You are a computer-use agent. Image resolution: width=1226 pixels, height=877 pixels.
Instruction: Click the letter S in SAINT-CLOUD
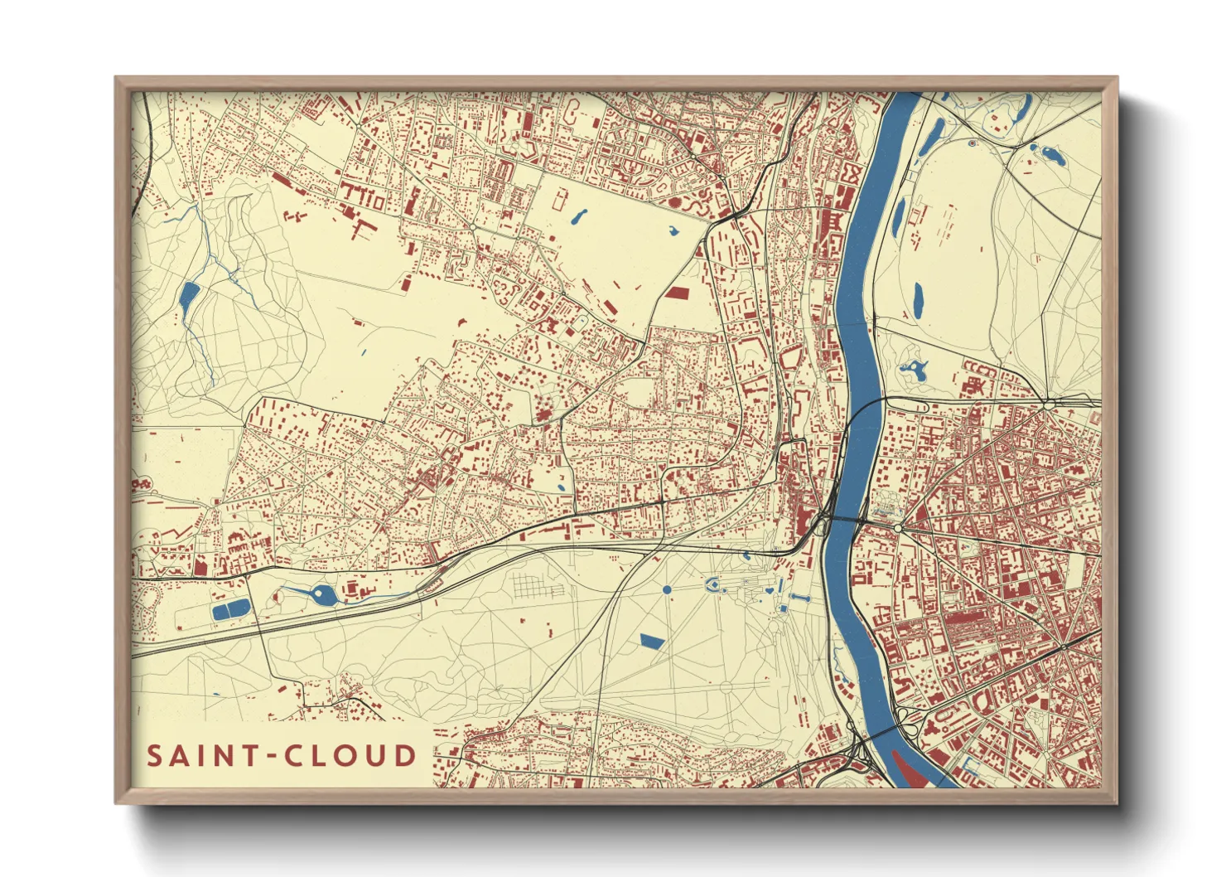[155, 756]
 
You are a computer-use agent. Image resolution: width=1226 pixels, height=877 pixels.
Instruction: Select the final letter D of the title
[405, 756]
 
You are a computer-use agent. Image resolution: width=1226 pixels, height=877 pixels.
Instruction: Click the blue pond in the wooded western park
[188, 298]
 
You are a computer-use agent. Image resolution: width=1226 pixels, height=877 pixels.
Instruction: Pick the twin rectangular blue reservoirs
[230, 611]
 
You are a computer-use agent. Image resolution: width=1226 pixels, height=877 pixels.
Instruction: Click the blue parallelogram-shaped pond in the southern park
[652, 640]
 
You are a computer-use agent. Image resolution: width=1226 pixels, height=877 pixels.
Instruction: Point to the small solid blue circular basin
[667, 589]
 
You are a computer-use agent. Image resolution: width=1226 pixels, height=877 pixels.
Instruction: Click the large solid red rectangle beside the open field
[677, 292]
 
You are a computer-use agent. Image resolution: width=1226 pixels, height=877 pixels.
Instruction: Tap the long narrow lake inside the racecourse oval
[918, 300]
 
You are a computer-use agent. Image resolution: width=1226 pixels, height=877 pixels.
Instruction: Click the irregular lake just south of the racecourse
[914, 369]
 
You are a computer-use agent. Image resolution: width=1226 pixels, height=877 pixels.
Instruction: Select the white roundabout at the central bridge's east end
[897, 527]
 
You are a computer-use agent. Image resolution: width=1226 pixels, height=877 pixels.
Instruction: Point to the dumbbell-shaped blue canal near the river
[801, 596]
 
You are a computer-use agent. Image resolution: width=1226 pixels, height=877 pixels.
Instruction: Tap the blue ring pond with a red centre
[972, 143]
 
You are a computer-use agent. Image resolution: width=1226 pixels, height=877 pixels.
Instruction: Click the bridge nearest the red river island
[886, 730]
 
